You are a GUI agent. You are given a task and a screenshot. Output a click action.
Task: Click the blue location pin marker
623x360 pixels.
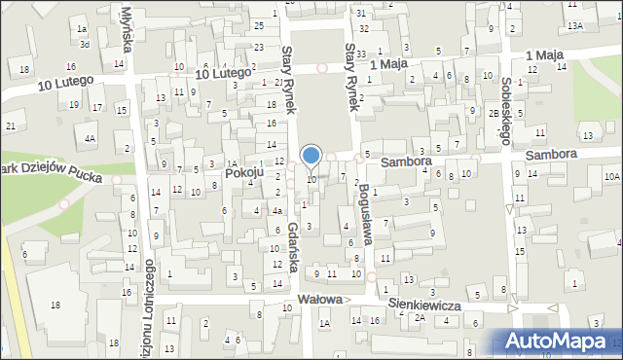point(311,156)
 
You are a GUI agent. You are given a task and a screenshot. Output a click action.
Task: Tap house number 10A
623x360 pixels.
point(610,177)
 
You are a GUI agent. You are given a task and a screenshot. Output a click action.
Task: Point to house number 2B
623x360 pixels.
point(494,113)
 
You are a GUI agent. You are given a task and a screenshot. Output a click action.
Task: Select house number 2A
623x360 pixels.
point(421,317)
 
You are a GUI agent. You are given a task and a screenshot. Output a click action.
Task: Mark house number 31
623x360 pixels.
point(361,13)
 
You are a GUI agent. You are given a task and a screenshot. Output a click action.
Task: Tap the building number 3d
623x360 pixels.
point(85,44)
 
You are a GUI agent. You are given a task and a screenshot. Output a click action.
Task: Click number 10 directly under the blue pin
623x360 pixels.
point(311,179)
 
